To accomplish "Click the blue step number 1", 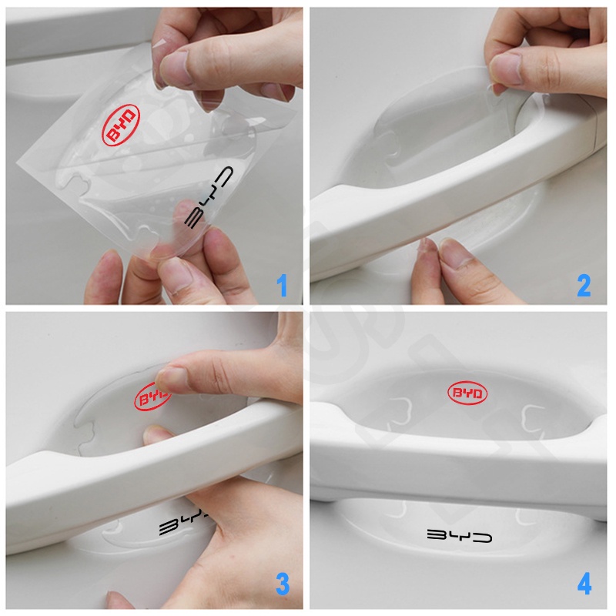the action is [x=282, y=286].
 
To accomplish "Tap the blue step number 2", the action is [x=584, y=286].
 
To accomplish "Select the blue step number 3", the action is [x=283, y=584].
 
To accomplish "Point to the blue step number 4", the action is [x=584, y=584].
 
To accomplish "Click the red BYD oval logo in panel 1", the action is [x=121, y=126].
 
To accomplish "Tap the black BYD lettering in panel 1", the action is [x=209, y=198].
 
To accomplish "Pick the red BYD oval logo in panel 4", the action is [x=467, y=393].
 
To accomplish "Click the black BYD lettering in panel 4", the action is [x=459, y=535].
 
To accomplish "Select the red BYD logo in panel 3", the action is [x=152, y=397].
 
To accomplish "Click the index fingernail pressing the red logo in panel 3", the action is [x=169, y=378].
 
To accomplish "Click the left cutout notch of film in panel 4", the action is [x=398, y=410].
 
